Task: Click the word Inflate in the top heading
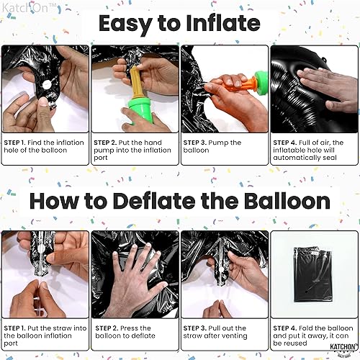(x=218, y=24)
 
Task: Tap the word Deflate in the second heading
(x=176, y=201)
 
